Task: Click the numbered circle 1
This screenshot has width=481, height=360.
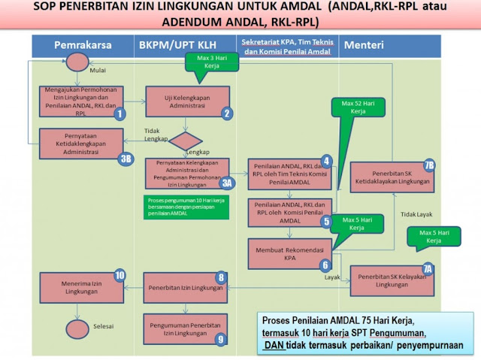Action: [x=119, y=114]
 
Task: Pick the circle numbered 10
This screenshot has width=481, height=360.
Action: [x=119, y=275]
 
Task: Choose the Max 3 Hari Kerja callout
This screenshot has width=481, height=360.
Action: [x=213, y=62]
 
